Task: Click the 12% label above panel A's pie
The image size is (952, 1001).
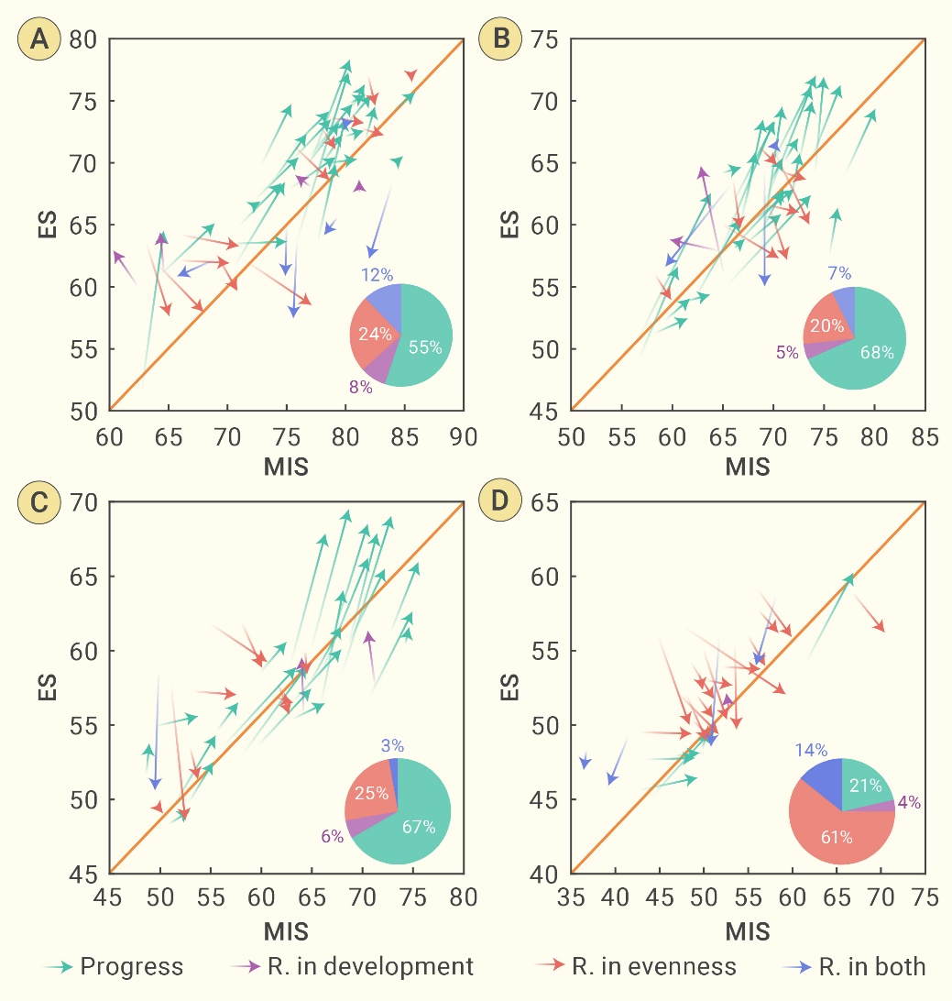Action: click(x=377, y=274)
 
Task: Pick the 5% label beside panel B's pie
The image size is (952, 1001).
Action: click(x=787, y=351)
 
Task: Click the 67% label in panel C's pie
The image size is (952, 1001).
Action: click(x=419, y=827)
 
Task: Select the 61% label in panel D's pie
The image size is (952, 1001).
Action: click(x=837, y=837)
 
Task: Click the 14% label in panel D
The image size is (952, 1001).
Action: click(x=812, y=750)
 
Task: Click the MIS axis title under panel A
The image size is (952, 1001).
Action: click(x=286, y=465)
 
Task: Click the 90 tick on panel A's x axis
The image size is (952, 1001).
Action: click(x=465, y=436)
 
